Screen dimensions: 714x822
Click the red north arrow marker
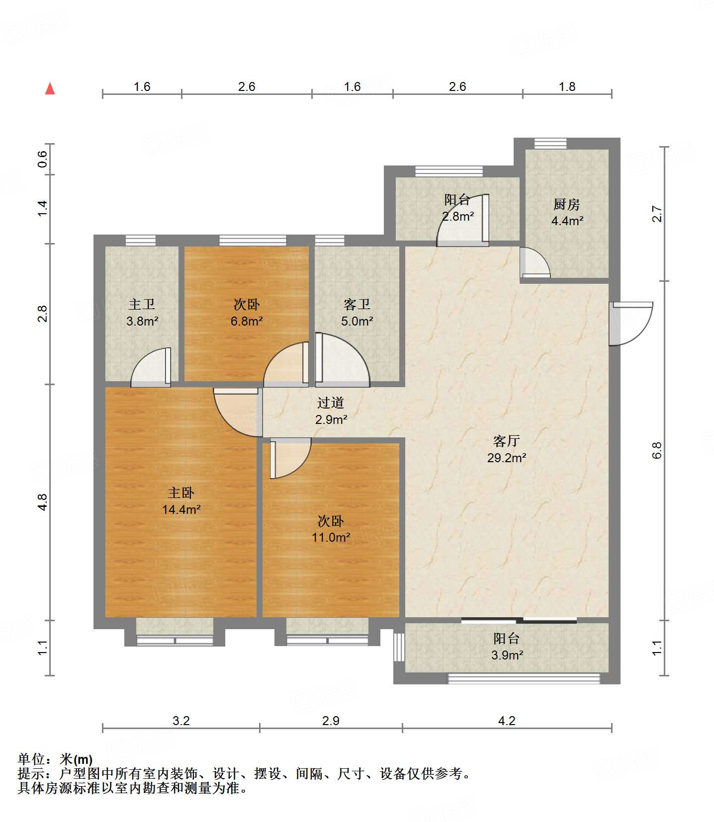click(x=50, y=88)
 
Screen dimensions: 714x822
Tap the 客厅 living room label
click(x=507, y=441)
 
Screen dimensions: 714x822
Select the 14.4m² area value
click(x=181, y=509)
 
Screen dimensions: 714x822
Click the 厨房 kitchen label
click(x=567, y=204)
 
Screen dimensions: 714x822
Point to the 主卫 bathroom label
click(x=142, y=304)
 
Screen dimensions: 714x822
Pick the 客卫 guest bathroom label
click(x=357, y=304)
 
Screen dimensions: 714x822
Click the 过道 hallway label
click(x=331, y=403)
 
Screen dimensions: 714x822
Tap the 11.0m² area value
click(x=331, y=537)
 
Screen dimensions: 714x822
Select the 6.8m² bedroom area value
click(x=247, y=321)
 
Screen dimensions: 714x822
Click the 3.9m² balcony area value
click(x=507, y=655)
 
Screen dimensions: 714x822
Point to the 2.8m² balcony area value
click(x=458, y=217)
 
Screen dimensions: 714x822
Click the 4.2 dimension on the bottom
click(x=507, y=721)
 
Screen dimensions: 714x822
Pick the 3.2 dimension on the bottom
click(x=181, y=721)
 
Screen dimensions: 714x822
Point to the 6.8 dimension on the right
click(x=657, y=450)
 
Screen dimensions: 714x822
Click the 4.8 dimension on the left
click(x=43, y=502)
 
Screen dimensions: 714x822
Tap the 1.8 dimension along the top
click(x=567, y=87)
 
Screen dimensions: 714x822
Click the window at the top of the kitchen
click(x=550, y=144)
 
